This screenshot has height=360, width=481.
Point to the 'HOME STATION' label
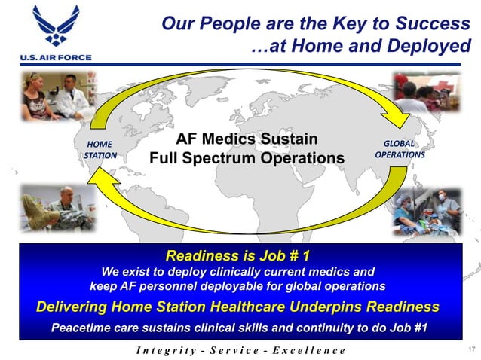point(100,150)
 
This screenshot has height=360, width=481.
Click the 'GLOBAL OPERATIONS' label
point(399,149)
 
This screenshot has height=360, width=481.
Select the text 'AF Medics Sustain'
point(246,139)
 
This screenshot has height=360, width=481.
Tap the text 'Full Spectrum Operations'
point(246,159)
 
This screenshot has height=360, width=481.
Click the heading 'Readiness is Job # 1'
point(237,255)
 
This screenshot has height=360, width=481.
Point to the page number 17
point(471,349)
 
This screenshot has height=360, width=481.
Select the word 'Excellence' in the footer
point(310,350)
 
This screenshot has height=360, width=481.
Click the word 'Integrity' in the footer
point(162,350)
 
